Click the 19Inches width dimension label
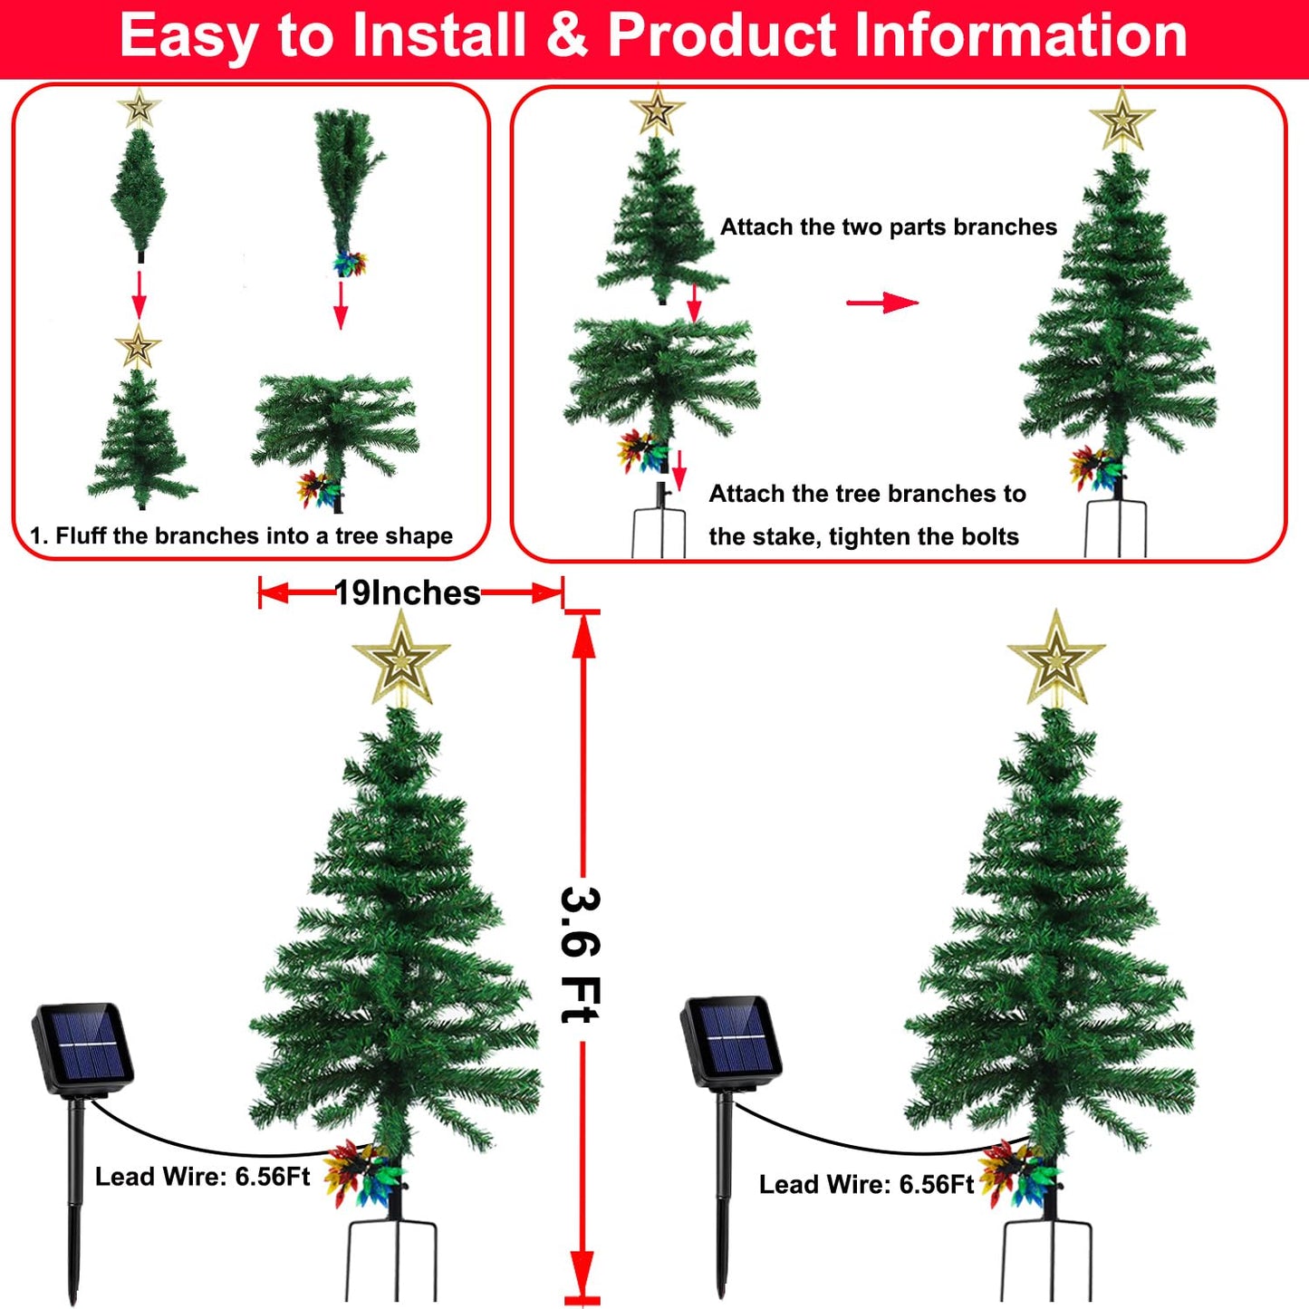point(408,593)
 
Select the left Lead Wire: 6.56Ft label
point(203,1177)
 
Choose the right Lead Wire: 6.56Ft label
point(866,1184)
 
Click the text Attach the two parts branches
point(888,226)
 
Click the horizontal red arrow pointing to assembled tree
point(881,303)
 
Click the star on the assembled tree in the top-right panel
point(1121,119)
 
